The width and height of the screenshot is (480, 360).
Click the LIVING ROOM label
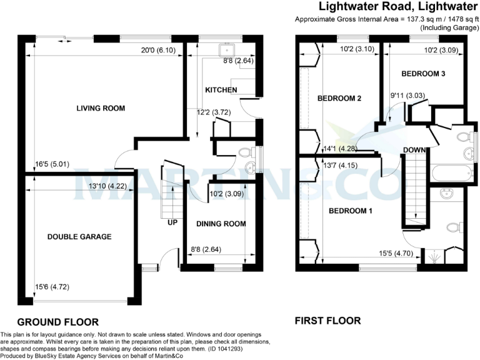[101, 108]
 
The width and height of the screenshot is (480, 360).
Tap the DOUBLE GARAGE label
[79, 237]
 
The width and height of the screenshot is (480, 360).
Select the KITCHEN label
[221, 90]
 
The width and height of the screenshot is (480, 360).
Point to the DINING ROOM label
[221, 224]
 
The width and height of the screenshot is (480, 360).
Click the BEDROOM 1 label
[351, 211]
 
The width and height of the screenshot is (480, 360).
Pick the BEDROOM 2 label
[340, 98]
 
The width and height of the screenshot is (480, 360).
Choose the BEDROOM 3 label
[423, 74]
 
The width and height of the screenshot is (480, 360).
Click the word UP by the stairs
[172, 222]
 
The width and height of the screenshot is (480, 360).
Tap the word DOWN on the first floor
[414, 150]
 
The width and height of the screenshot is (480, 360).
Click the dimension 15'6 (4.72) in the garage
[52, 287]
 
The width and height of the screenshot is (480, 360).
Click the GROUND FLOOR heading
[57, 322]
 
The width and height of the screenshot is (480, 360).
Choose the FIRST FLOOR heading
[327, 321]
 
